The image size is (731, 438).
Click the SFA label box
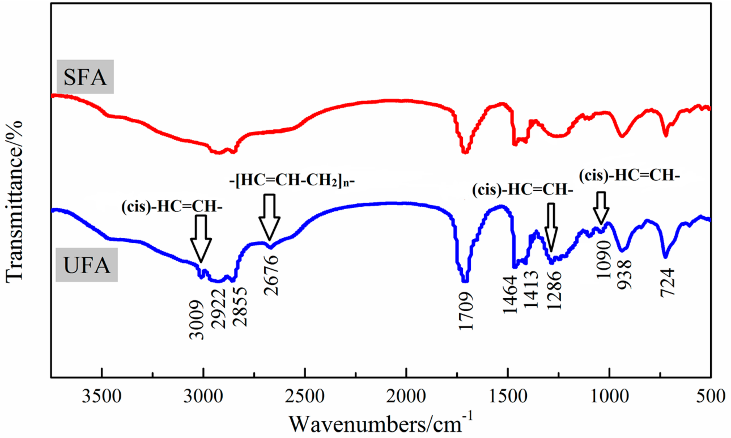click(x=85, y=77)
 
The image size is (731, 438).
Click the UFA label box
click(x=86, y=265)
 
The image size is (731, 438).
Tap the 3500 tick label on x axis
click(x=101, y=396)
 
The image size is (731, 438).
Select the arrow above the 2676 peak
click(x=269, y=217)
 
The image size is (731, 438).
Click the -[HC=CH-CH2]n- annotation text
click(x=292, y=181)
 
